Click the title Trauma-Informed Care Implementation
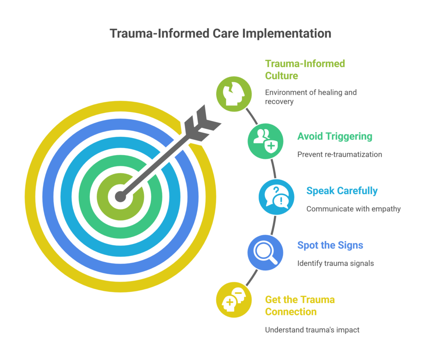pyautogui.click(x=220, y=34)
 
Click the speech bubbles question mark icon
pyautogui.click(x=276, y=196)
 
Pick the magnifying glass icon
pyautogui.click(x=265, y=252)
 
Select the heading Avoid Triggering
pyautogui.click(x=334, y=137)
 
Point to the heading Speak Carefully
pyautogui.click(x=342, y=190)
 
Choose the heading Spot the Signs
pyautogui.click(x=330, y=245)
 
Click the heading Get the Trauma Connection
pyautogui.click(x=300, y=305)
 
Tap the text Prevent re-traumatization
pyautogui.click(x=339, y=154)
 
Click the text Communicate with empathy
pyautogui.click(x=354, y=209)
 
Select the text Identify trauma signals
pyautogui.click(x=335, y=263)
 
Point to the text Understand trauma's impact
pyautogui.click(x=312, y=330)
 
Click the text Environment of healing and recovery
pyautogui.click(x=311, y=97)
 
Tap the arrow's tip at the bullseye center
pyautogui.click(x=121, y=197)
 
